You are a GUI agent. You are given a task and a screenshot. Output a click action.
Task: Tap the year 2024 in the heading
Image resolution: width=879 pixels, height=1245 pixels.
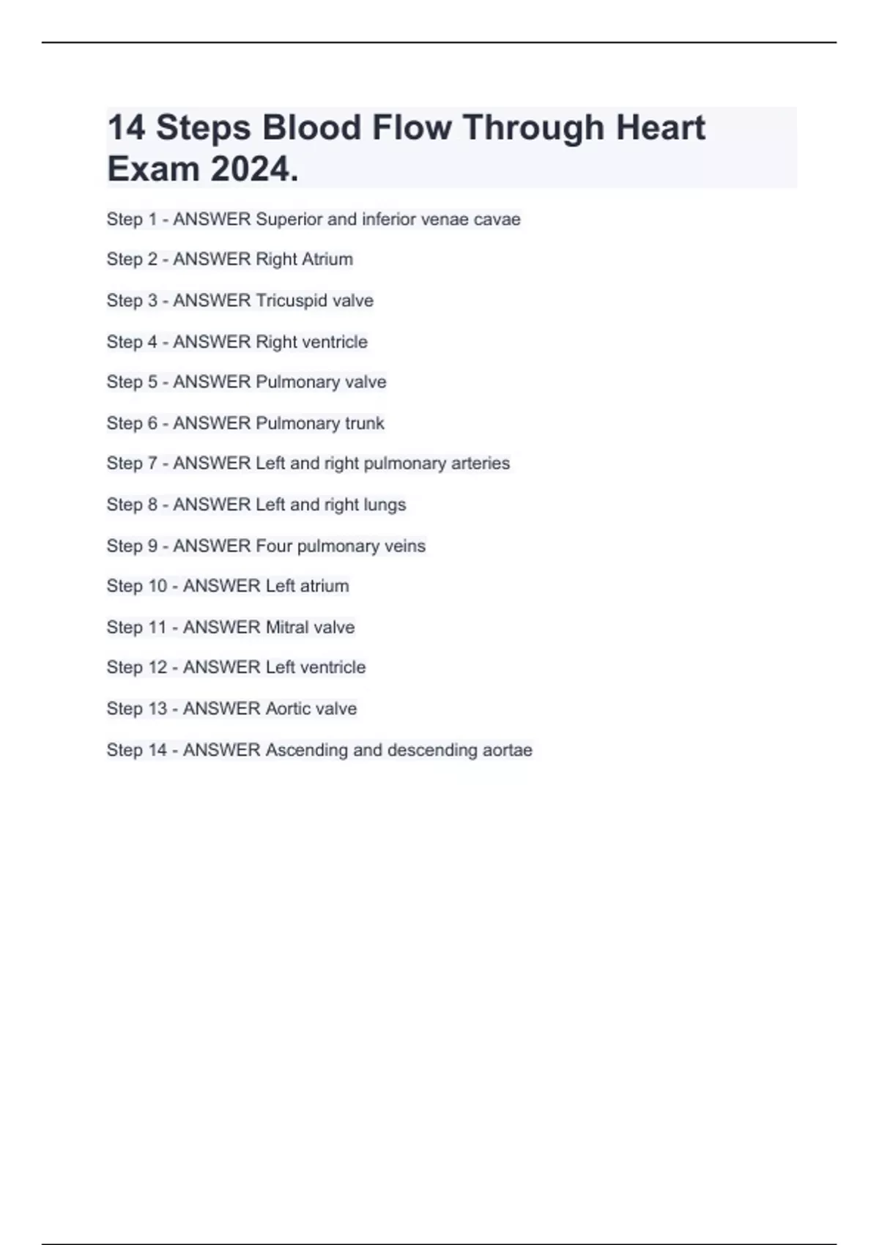[254, 170]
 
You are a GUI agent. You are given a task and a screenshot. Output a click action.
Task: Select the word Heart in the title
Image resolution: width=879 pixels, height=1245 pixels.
[660, 127]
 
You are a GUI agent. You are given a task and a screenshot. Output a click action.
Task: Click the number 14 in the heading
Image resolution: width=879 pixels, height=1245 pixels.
[126, 127]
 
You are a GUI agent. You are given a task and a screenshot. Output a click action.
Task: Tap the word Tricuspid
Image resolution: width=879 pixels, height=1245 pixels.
[292, 300]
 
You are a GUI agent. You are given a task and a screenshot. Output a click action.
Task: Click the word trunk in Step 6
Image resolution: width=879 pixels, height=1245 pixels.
[364, 423]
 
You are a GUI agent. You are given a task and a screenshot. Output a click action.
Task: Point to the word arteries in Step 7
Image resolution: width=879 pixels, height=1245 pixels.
[481, 464]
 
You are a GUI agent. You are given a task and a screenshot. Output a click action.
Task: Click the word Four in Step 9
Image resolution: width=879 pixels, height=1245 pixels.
[274, 546]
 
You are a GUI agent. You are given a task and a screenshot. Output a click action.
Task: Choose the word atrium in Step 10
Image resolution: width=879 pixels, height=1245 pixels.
[324, 586]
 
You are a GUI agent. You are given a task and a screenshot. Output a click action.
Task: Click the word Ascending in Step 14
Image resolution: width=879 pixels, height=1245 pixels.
[306, 750]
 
